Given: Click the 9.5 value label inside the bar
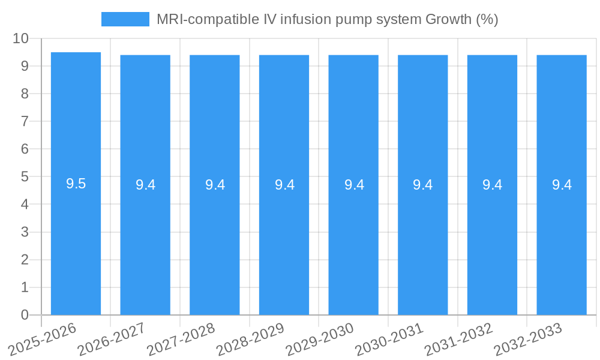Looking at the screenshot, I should point(76,184).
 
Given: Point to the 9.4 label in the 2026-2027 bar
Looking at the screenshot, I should point(145,185).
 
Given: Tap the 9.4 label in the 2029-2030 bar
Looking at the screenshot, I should point(353,185).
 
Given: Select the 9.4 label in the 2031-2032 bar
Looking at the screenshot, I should point(492,185).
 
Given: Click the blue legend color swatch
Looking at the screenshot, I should point(125,19).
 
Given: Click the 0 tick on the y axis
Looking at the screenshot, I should point(25,315).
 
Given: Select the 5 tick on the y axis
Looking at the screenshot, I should point(25,177).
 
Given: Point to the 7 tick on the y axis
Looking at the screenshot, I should point(25,121).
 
